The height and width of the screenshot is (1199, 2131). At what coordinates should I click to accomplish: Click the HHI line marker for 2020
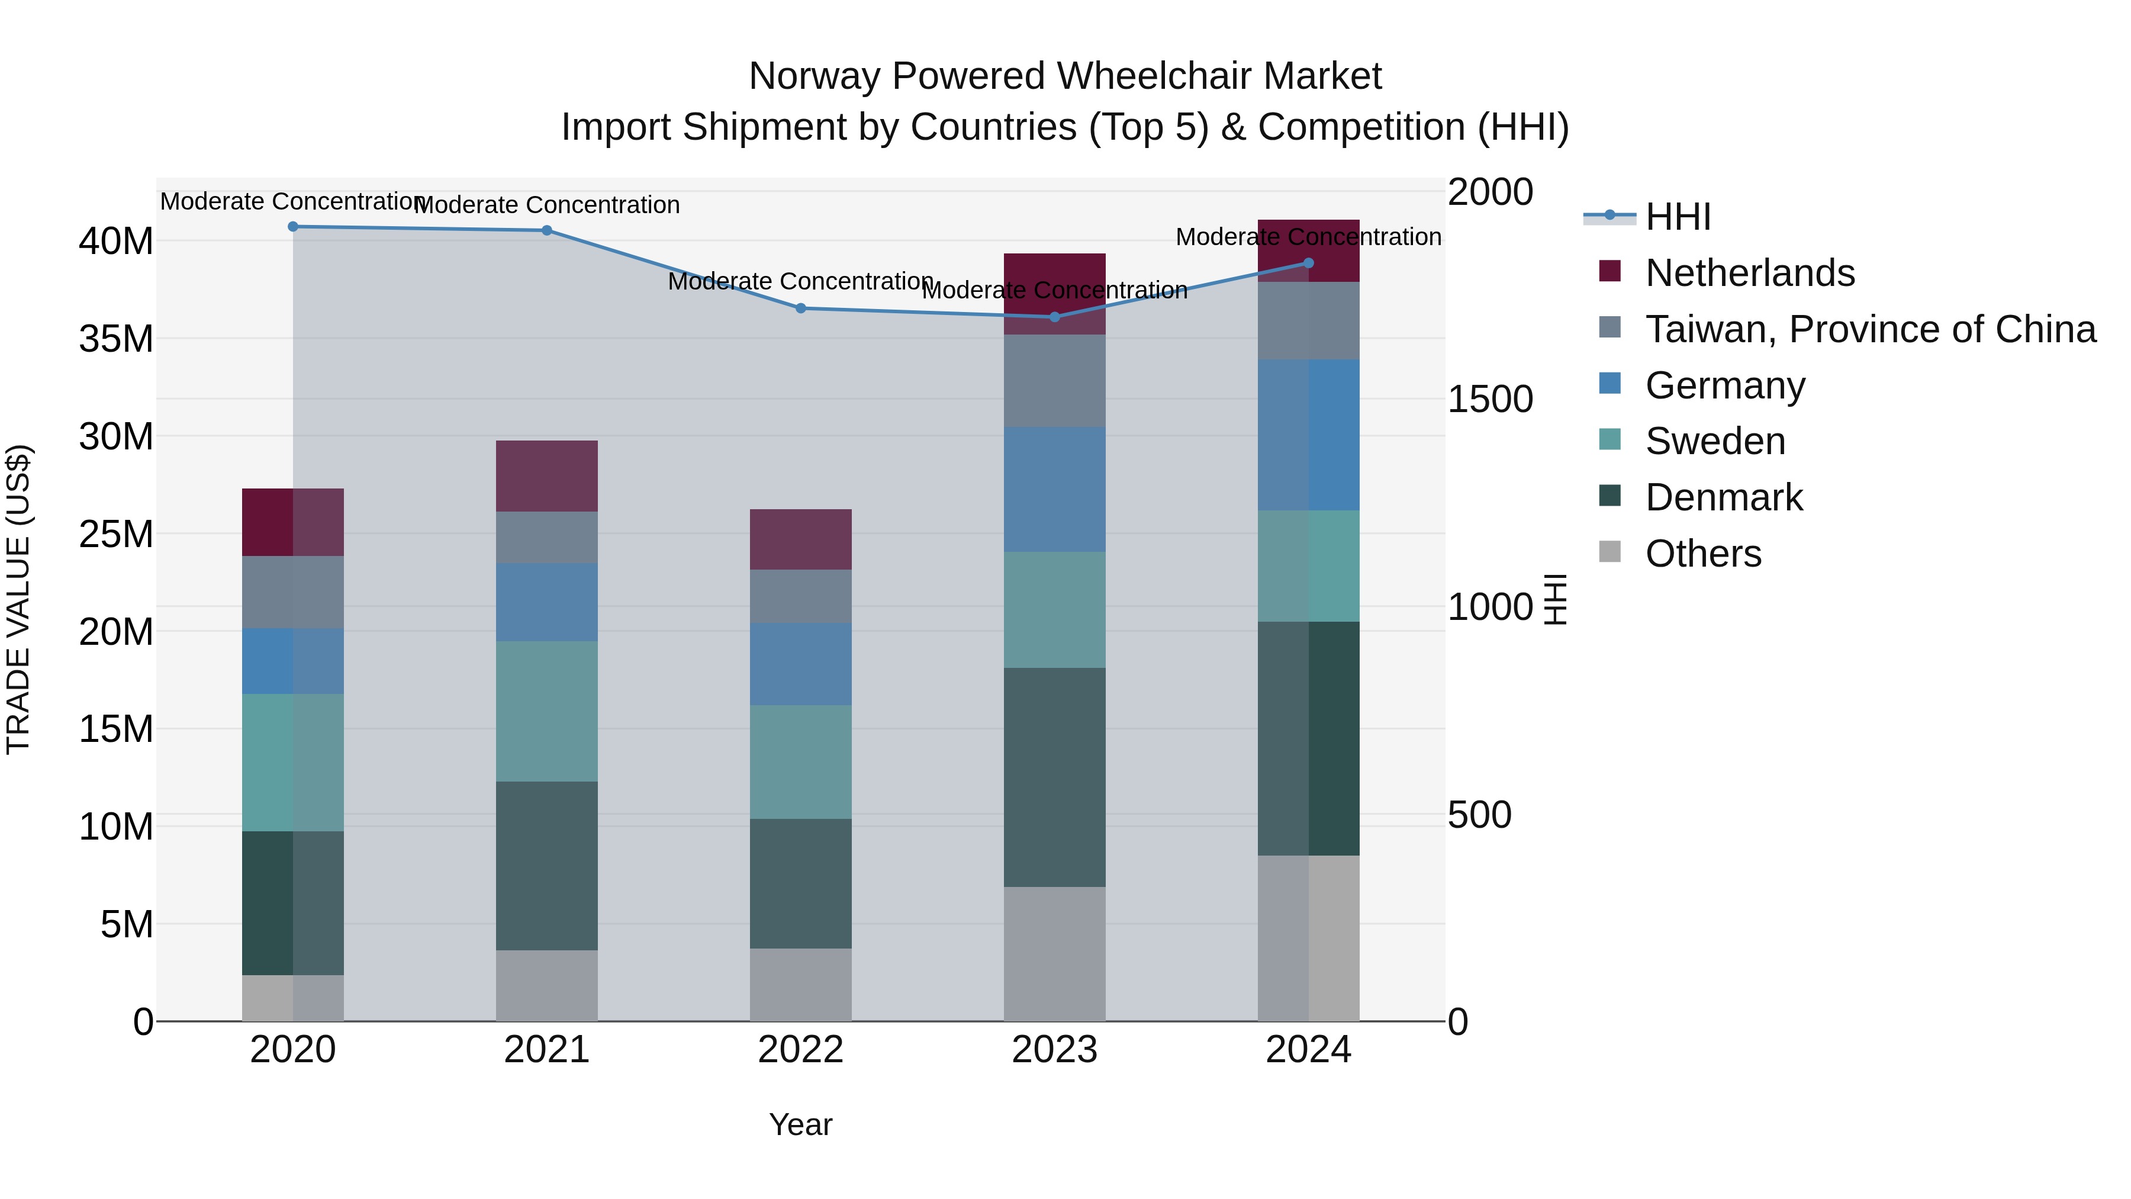(293, 227)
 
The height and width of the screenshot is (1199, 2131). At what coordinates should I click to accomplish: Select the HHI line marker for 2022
(801, 308)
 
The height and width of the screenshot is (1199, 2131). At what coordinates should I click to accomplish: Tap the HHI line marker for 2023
(1055, 317)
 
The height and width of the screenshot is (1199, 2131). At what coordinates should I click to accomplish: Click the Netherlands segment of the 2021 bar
(547, 477)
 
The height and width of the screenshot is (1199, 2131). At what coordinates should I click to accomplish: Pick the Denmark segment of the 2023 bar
(1055, 778)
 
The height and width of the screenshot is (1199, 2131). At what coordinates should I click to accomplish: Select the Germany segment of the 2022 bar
(801, 664)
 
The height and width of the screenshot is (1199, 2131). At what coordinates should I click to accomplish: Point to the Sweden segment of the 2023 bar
(1055, 610)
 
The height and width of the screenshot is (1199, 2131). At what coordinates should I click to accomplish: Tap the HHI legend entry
(1678, 217)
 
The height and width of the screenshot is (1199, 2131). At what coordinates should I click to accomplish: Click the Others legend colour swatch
(1610, 552)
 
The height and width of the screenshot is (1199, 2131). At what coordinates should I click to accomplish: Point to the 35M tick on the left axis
(116, 339)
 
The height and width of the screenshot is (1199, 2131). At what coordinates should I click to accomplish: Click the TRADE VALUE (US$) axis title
(18, 599)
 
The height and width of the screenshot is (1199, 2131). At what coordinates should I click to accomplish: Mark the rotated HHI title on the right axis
(1555, 599)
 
